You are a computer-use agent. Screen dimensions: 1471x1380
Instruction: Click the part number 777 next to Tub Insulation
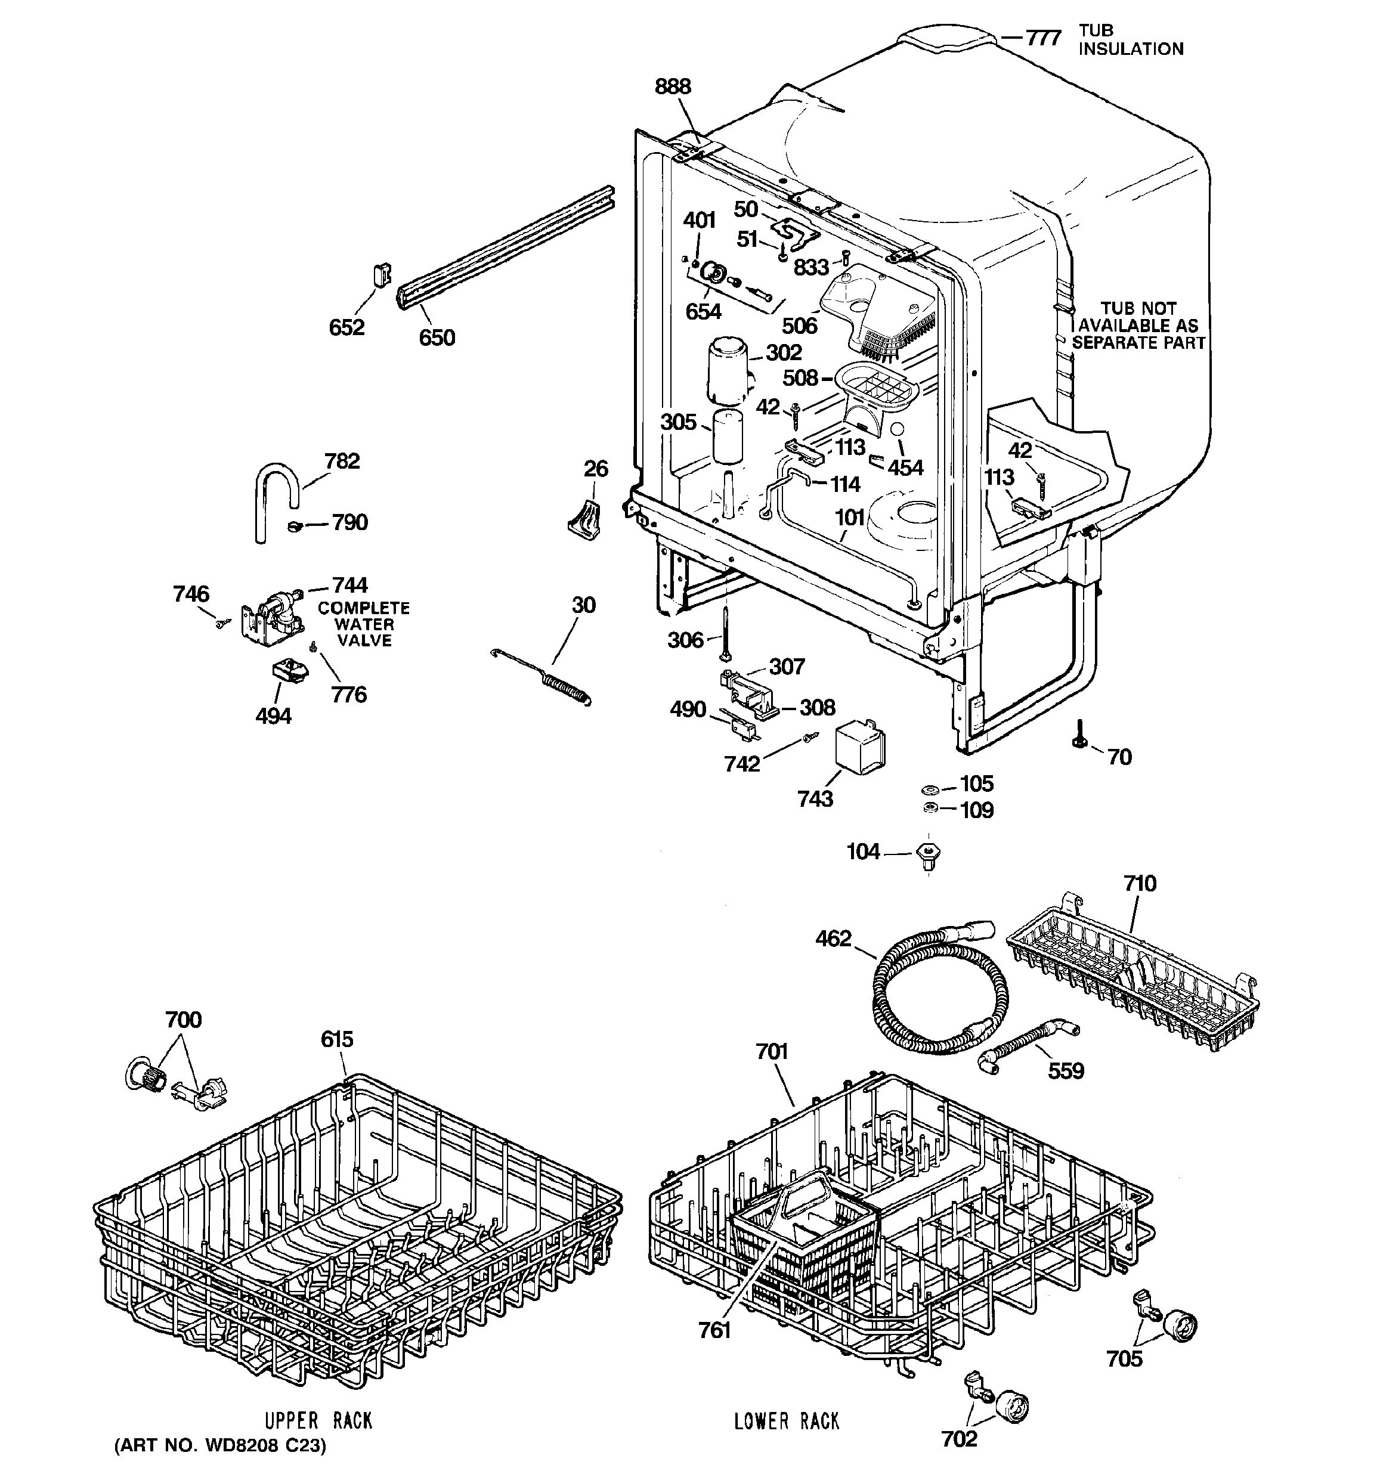click(x=1042, y=38)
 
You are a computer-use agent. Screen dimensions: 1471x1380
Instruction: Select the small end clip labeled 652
click(x=381, y=275)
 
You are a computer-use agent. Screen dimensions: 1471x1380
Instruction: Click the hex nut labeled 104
click(x=928, y=853)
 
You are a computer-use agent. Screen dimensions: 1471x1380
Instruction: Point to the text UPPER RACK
click(x=318, y=1421)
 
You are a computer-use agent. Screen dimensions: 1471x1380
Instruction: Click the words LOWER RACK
click(x=787, y=1422)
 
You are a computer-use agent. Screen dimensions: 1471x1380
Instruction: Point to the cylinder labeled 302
click(x=728, y=371)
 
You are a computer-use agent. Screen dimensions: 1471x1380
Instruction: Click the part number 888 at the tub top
click(x=673, y=87)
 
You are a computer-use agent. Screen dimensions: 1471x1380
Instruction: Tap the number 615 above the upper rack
click(x=337, y=1040)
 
